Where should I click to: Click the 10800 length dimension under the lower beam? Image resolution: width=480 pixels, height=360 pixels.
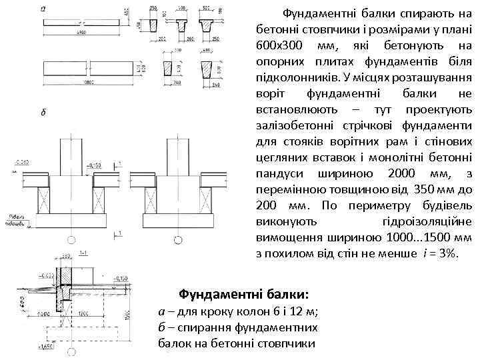[x=81, y=83]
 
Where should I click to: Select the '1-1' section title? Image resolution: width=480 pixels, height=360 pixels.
[x=84, y=253]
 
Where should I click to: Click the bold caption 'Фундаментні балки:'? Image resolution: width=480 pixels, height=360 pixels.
[x=243, y=294]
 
